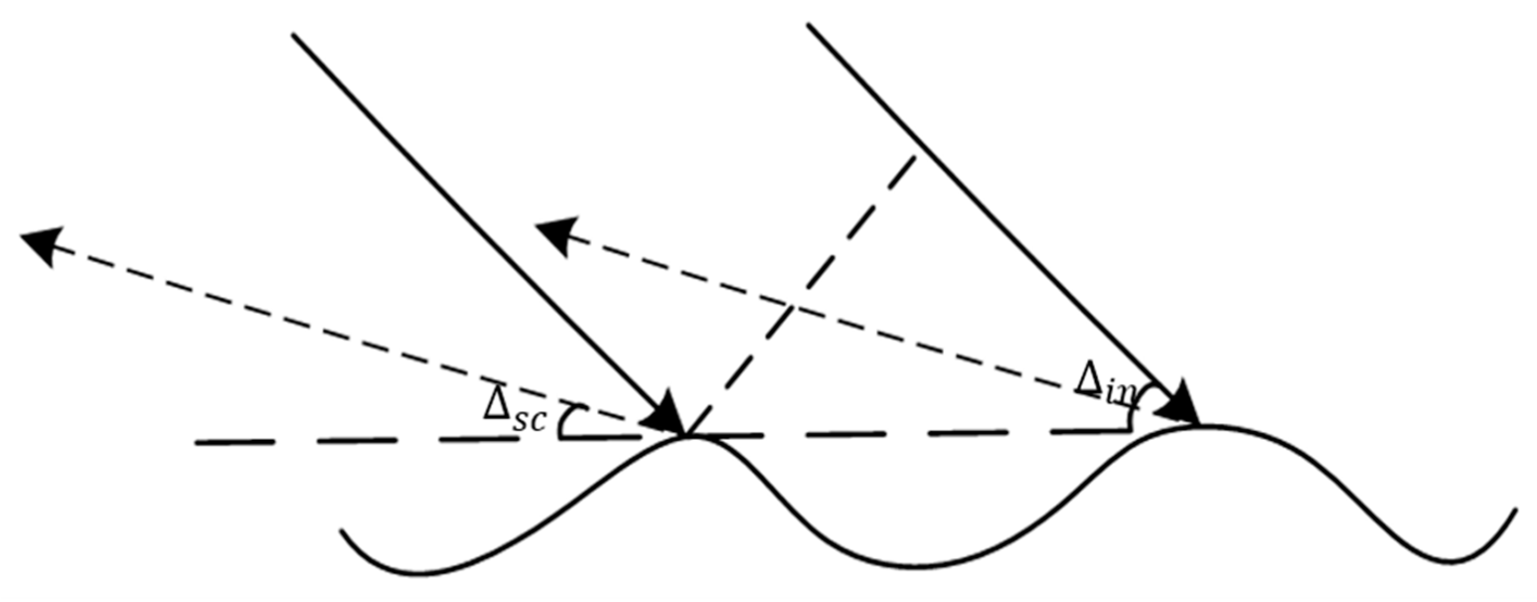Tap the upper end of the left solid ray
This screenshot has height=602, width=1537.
click(294, 35)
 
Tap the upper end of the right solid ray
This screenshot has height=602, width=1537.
click(809, 24)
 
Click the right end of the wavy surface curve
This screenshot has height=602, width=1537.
click(1514, 510)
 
